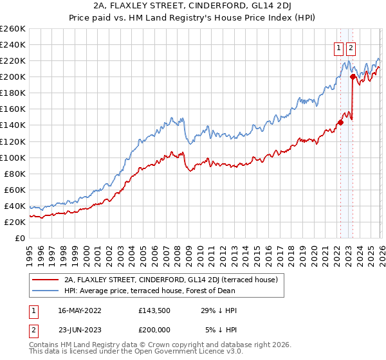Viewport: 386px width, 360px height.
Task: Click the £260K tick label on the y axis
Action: click(12, 29)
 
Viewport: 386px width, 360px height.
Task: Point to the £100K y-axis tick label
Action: click(12, 157)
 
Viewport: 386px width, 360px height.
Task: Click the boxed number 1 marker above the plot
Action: click(338, 47)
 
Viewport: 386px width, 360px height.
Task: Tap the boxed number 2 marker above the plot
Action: click(351, 47)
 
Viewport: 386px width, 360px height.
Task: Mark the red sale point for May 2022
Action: click(340, 123)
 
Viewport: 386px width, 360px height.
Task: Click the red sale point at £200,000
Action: click(353, 77)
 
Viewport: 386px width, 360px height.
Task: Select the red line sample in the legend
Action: click(46, 280)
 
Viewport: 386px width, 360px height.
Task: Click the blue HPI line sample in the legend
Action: click(46, 291)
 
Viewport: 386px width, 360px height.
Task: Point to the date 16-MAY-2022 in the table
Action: click(86, 310)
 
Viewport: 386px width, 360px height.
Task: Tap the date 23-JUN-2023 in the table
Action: click(86, 330)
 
